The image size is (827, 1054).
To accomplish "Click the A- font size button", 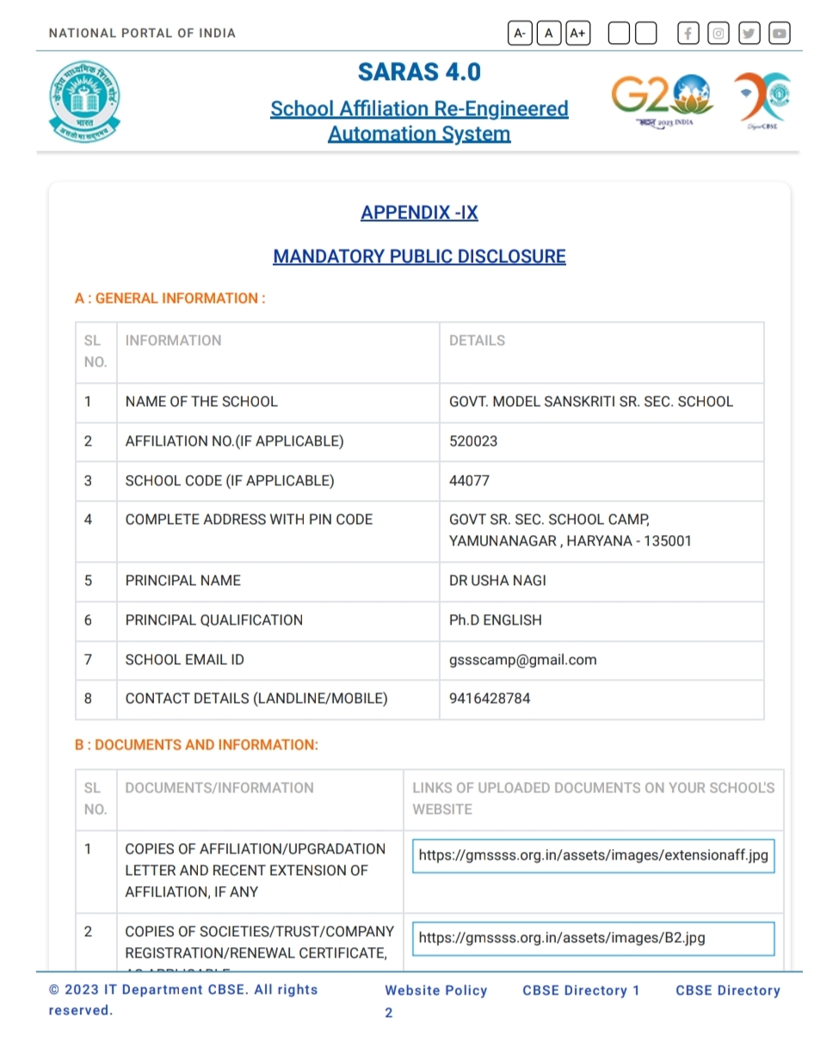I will coord(520,34).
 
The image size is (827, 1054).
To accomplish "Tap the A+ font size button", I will coord(578,34).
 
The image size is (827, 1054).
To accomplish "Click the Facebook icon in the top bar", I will coord(688,34).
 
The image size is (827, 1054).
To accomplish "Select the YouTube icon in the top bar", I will coord(779,34).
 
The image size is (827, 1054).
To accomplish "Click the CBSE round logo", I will coord(84,102).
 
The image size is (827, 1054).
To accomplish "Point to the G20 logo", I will coord(662,97).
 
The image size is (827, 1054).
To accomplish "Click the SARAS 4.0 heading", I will coord(419,72).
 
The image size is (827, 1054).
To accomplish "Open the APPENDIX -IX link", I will coord(419,213).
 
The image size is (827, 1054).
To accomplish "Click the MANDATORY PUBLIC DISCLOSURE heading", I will coord(419,256).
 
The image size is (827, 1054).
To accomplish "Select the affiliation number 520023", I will coord(473,441).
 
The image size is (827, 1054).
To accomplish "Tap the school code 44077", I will coord(469,481).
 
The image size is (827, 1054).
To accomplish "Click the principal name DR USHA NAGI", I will coord(497,581).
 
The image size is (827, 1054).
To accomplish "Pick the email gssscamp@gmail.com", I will coord(522,660).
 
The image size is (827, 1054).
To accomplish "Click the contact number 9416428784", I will coord(490,699).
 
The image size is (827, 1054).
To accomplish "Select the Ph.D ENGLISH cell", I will coord(496,620).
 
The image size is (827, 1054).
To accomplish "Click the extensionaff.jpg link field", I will coord(593,856).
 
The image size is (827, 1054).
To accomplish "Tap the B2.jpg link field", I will coord(593,938).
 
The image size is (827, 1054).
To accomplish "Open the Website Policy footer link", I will coord(436,990).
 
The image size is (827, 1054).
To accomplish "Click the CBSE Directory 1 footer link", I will coord(581,990).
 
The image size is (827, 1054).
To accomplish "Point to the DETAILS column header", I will coord(477,341).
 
